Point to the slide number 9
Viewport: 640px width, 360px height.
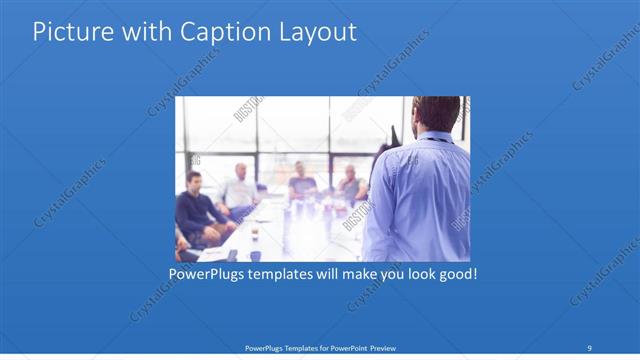pos(590,348)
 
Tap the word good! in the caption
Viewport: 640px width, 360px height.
pos(455,272)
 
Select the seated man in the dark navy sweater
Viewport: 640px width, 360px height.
pos(196,210)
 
